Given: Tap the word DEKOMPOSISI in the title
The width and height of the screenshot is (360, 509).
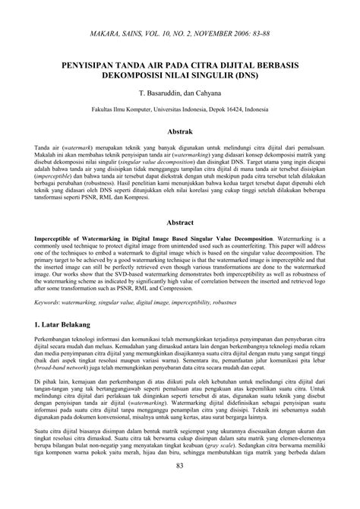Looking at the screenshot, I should (x=129, y=77).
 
